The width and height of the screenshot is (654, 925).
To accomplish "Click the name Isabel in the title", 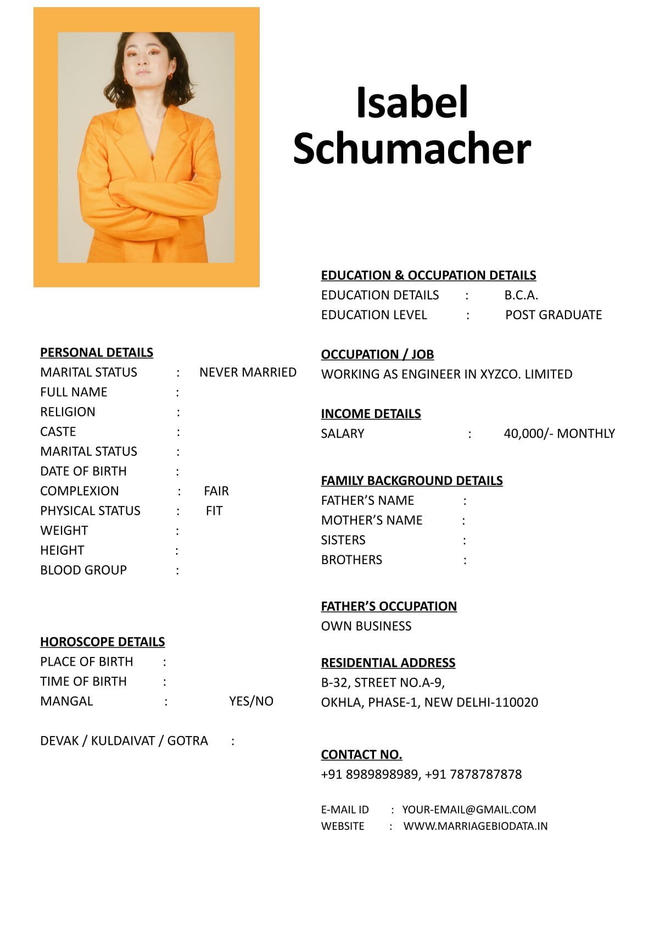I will (412, 103).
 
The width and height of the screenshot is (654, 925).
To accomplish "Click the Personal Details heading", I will (97, 353).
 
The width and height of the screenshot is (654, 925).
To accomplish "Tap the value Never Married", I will (248, 372).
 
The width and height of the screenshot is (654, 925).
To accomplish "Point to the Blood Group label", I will (83, 570).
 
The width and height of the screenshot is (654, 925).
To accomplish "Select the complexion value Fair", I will (216, 491).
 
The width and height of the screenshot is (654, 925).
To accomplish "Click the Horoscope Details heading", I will (102, 642).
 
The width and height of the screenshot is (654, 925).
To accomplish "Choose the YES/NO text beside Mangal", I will (251, 701).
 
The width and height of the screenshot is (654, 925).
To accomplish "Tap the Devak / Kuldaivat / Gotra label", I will (124, 741).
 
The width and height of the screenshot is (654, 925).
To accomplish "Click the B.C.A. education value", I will (521, 296).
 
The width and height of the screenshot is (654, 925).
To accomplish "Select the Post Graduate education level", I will (554, 315).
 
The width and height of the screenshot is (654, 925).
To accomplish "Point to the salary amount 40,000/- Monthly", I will (559, 434).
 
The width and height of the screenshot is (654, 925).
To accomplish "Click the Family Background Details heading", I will (412, 481).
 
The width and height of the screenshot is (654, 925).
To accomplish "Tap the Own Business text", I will (366, 626).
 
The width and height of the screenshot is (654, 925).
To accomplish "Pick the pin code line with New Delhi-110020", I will (429, 703).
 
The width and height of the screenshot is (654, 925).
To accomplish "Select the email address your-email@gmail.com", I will (469, 810).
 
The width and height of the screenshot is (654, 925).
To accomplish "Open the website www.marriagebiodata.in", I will (476, 826).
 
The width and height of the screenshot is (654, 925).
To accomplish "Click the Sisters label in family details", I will (343, 540).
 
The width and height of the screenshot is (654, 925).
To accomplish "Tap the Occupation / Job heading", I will (377, 355).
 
